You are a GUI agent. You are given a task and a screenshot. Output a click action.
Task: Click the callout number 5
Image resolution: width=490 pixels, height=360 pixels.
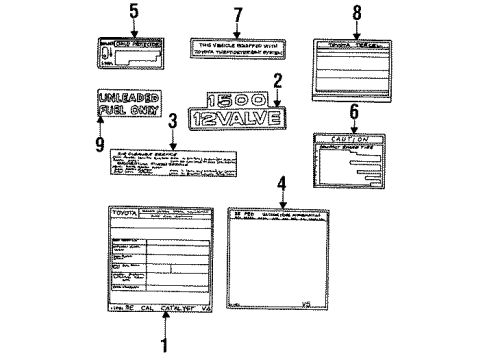coord(135,13)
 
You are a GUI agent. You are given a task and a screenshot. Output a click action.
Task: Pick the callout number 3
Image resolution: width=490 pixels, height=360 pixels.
coord(172,121)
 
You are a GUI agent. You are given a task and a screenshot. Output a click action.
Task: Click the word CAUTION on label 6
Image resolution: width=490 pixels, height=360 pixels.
coord(350,139)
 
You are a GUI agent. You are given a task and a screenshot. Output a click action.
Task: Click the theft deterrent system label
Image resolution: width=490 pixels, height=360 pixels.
coord(236,50)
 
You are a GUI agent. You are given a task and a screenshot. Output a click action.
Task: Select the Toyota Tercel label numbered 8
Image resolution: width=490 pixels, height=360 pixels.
coord(350,65)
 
